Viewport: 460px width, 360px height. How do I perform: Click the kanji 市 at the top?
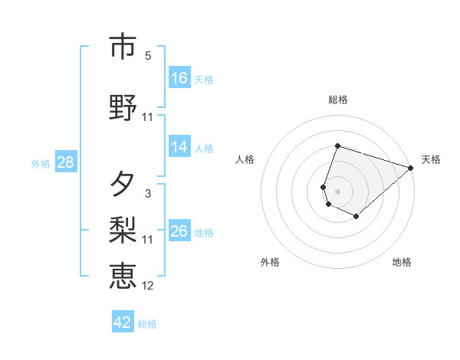tap(123, 47)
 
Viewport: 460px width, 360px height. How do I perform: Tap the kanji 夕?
tap(123, 185)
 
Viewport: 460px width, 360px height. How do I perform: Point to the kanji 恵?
tap(123, 275)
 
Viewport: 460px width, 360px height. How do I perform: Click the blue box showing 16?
tap(179, 77)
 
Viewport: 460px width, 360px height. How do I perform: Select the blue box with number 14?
tap(179, 147)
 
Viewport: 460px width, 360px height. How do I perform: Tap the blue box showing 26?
tap(179, 231)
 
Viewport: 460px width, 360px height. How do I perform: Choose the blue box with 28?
tap(66, 162)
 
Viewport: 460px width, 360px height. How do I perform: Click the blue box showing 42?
tap(123, 322)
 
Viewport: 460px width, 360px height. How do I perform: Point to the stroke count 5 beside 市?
tap(148, 55)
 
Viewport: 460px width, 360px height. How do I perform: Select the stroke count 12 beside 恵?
tap(148, 286)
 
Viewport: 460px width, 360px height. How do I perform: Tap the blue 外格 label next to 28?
tap(41, 163)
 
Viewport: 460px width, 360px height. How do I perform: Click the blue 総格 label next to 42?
tap(147, 324)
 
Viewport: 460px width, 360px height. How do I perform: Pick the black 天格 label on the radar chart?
tap(431, 159)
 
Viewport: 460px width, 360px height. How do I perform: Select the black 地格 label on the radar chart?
tap(402, 262)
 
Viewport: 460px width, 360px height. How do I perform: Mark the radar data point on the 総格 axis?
tap(337, 146)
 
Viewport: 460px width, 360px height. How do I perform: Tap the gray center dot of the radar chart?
tap(337, 191)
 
